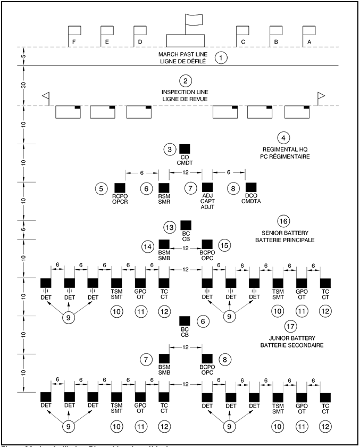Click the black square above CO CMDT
(x=185, y=150)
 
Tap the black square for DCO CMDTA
(x=250, y=187)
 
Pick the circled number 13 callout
(x=170, y=227)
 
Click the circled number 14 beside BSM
(x=147, y=247)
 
